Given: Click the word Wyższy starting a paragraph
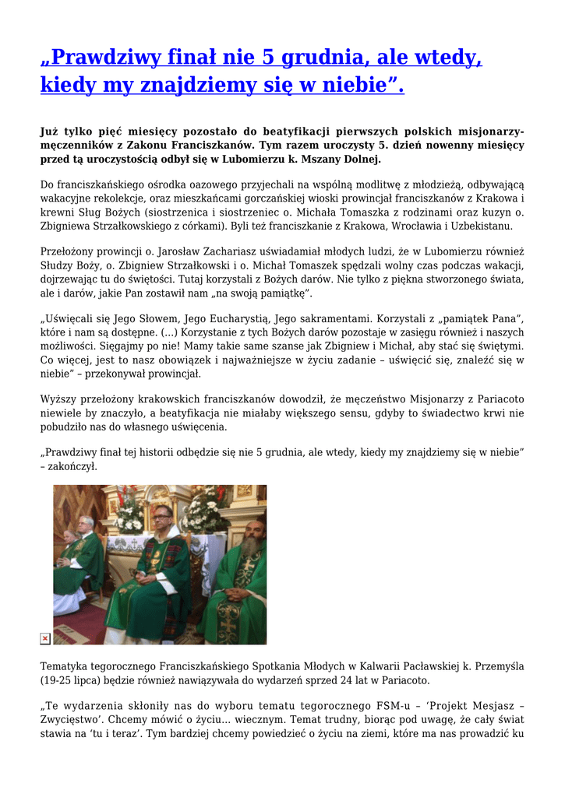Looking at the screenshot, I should point(58,399).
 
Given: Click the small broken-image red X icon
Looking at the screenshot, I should point(45,638).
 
